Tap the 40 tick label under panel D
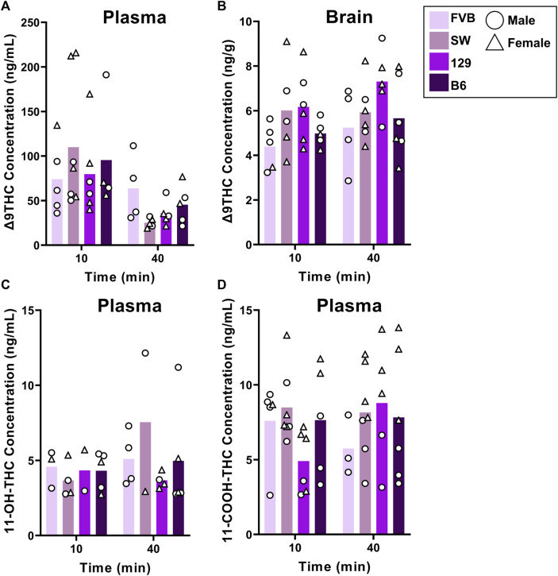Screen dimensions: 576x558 tap(374, 551)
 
